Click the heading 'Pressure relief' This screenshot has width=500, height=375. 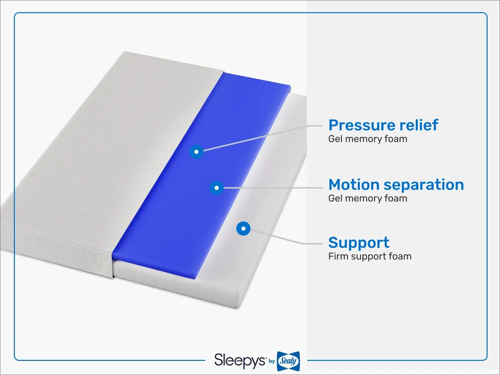click(383, 125)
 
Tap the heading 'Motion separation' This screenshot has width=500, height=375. click(396, 185)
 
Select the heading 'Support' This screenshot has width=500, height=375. click(359, 243)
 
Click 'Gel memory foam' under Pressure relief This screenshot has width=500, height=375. click(368, 139)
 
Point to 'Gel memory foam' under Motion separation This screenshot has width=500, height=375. click(368, 198)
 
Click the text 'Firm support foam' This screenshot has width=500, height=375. click(370, 256)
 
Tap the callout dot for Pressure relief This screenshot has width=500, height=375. click(196, 151)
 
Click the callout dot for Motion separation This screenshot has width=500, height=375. click(216, 187)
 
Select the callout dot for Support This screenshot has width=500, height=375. click(243, 229)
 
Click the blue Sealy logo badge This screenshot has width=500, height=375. click(288, 361)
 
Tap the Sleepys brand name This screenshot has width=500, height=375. click(240, 361)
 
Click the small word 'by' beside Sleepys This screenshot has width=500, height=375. click(271, 361)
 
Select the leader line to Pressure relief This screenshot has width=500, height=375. click(263, 138)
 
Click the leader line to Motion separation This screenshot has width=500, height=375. click(273, 188)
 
